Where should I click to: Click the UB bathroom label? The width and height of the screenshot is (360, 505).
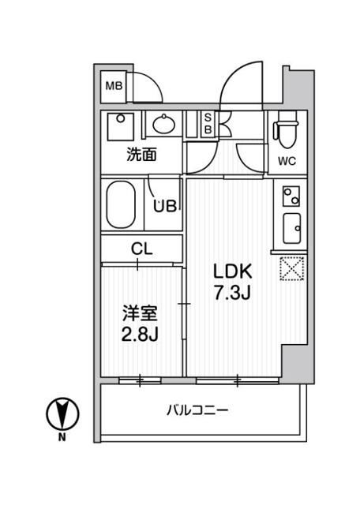(x=164, y=206)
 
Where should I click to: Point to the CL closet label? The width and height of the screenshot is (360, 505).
(x=141, y=249)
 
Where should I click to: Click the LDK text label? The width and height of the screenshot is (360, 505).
(x=231, y=271)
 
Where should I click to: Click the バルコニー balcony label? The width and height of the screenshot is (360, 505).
(x=197, y=410)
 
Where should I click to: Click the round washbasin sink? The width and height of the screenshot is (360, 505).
(x=164, y=124)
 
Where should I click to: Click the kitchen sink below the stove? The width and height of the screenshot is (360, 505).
(x=290, y=229)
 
